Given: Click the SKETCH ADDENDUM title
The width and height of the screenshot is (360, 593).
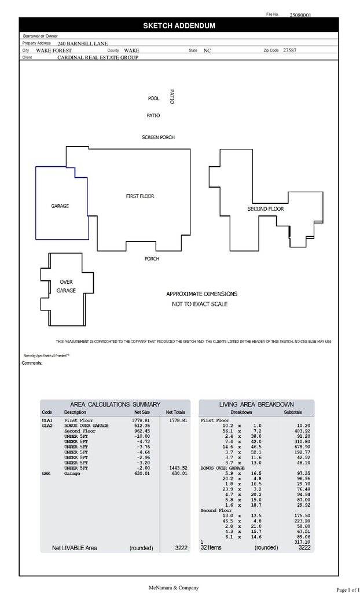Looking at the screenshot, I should (x=179, y=25).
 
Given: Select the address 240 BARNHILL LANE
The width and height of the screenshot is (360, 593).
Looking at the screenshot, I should (x=82, y=43).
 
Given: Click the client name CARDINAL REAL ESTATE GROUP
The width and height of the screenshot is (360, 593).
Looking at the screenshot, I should (x=98, y=58).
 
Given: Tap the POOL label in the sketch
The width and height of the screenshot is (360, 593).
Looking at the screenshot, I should (x=154, y=99).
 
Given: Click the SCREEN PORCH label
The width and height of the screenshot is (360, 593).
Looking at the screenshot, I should (x=158, y=137).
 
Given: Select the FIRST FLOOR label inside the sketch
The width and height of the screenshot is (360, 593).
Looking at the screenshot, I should (x=140, y=196).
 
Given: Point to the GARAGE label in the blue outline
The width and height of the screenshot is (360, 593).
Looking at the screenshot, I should (x=60, y=206).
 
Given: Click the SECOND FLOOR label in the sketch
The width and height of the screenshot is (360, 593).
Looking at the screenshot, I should (x=266, y=208).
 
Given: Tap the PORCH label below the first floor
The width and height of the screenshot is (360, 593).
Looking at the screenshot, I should (x=152, y=259).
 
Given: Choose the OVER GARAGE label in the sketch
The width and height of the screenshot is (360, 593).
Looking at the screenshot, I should (x=66, y=286).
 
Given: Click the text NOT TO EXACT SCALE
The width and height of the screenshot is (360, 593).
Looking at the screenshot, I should (x=200, y=304).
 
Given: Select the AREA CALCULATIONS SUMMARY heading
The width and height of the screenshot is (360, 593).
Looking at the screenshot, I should (x=115, y=404).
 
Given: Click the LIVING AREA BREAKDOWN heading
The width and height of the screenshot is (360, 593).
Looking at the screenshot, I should (x=256, y=404).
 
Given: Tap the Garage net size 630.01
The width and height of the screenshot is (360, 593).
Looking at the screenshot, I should (x=142, y=473).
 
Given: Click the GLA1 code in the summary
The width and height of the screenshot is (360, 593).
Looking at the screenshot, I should (x=47, y=420).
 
